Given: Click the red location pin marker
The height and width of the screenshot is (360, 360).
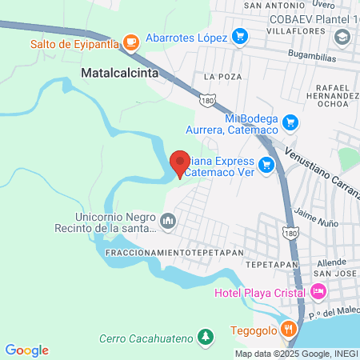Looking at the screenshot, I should pos(180,163).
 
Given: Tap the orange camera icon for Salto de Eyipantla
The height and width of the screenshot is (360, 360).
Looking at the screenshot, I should pos(131,42).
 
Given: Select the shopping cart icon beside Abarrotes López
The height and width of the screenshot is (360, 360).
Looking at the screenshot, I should pos(238,36).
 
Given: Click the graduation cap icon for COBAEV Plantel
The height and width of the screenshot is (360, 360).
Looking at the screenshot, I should pos(342,37).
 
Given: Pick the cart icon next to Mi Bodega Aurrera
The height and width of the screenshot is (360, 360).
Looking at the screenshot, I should pos(290,122).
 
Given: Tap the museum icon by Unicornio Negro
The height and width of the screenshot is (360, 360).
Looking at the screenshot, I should pos(168,220).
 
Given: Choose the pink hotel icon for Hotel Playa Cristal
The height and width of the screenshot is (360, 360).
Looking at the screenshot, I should pos(318,291).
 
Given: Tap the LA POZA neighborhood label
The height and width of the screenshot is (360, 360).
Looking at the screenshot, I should pos(222,76).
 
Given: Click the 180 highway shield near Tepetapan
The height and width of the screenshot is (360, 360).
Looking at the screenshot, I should pos(291,231).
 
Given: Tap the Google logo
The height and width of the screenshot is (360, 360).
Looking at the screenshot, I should pos(27,350).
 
